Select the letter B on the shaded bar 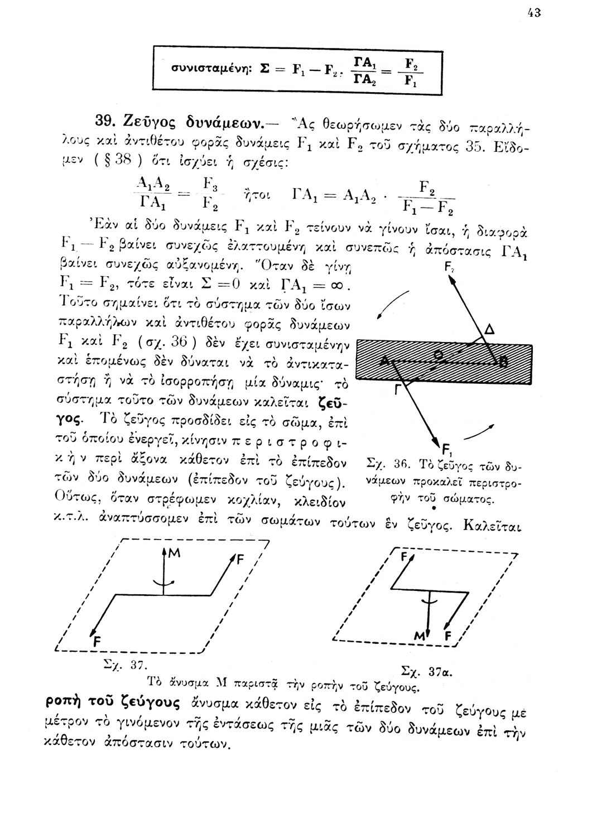tap(503, 363)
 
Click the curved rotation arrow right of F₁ tap(480, 432)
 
